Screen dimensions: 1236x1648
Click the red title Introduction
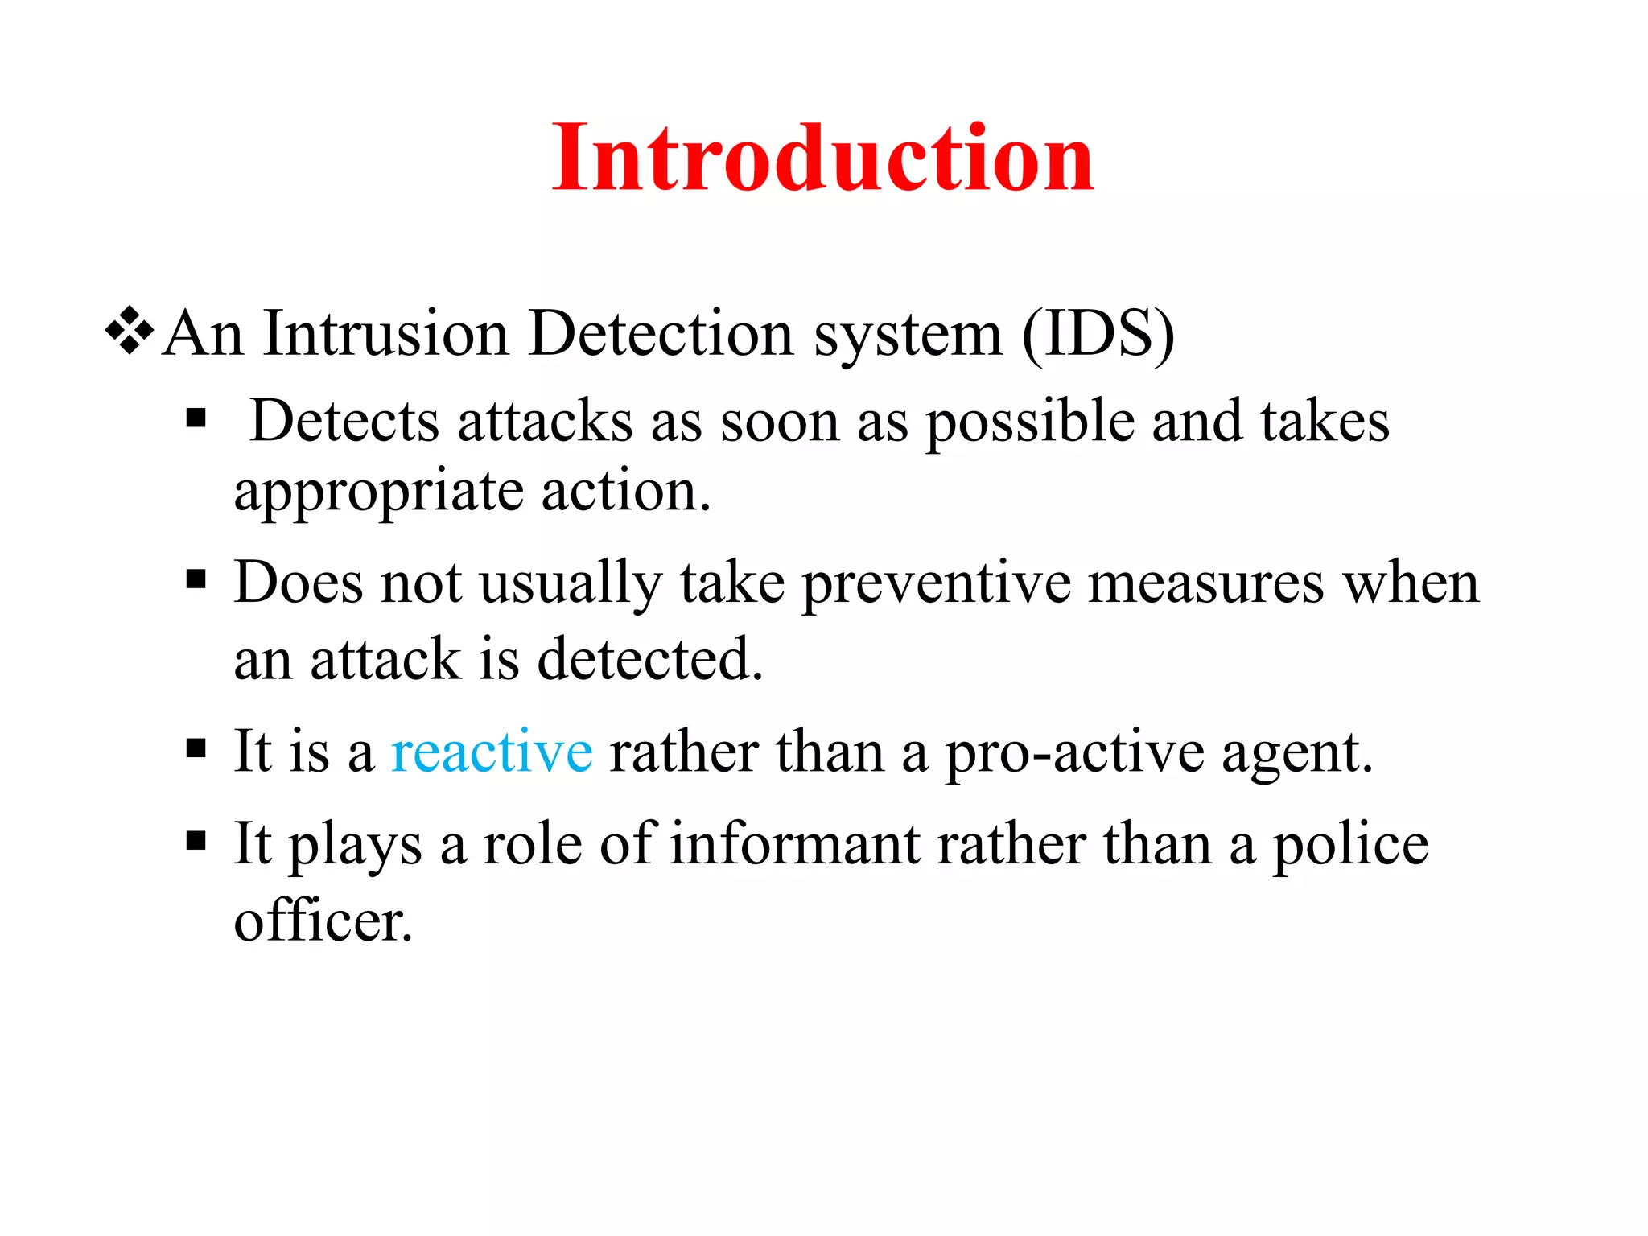[x=822, y=158]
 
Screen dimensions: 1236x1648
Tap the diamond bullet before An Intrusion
[x=129, y=332]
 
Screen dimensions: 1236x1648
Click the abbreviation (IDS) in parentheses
[x=1098, y=333]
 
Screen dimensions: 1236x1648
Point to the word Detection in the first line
[x=661, y=333]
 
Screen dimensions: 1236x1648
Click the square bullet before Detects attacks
[x=196, y=418]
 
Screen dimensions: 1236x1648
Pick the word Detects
[x=344, y=421]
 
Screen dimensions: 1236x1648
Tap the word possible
[x=1029, y=422]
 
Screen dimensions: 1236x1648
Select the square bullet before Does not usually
[x=196, y=579]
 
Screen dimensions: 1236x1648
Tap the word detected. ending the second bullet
[x=649, y=659]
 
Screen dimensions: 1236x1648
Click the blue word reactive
[x=492, y=752]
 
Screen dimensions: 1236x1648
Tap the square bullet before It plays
[x=196, y=842]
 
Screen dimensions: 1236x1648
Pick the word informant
[x=795, y=844]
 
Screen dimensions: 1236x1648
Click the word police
[x=1349, y=846]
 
